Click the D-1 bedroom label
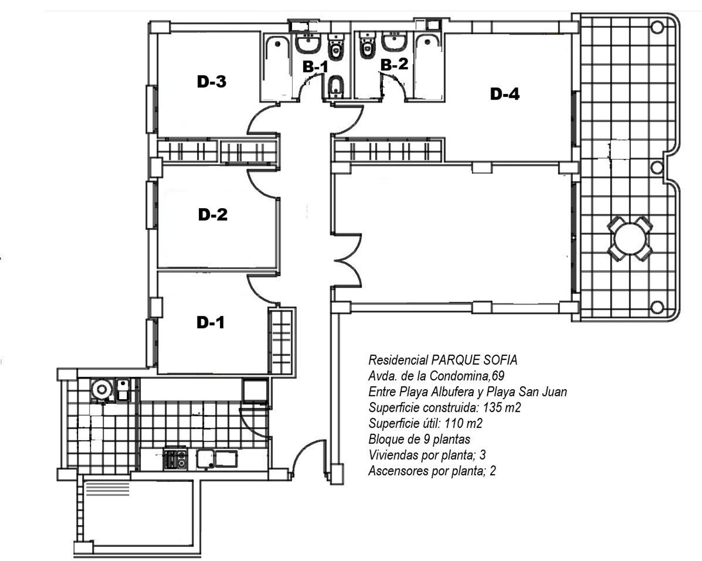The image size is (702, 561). (211, 322)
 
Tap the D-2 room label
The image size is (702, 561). (212, 215)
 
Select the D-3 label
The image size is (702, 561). (212, 81)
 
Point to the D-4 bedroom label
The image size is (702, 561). (505, 94)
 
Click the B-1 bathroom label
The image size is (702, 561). (315, 67)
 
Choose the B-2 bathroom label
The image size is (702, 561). (395, 64)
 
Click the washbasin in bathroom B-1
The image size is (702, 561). (307, 44)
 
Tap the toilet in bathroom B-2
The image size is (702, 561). (368, 46)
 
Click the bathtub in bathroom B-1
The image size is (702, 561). (277, 67)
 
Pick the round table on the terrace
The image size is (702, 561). (630, 239)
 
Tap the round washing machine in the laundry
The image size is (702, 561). (102, 389)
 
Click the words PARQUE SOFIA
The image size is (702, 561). (474, 360)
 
